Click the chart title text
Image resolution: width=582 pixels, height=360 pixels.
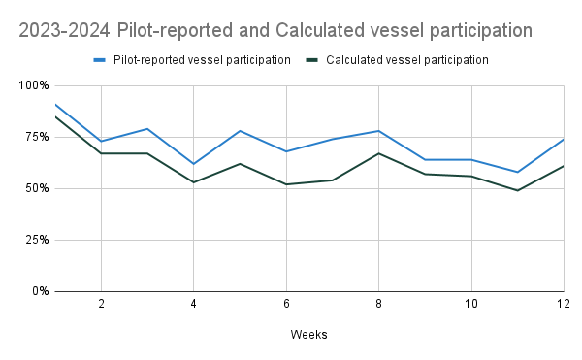coord(275,30)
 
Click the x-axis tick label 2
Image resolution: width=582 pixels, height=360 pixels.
coord(101,304)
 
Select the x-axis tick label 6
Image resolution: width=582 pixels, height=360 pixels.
coord(286,304)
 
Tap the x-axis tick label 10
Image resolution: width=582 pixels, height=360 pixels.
coord(471,304)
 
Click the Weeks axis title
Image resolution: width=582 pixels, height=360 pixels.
coord(308,335)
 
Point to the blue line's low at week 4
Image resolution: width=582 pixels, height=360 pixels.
coord(193,164)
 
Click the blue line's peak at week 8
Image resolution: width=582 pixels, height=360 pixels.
coord(378,131)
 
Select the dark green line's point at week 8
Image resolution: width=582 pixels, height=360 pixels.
coord(378,153)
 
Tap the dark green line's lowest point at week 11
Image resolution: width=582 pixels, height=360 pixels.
coord(517,190)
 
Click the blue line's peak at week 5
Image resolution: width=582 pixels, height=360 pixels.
coord(240,131)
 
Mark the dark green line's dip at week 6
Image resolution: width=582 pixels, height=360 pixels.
coord(286,184)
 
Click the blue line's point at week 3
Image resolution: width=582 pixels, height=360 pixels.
coord(146,129)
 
